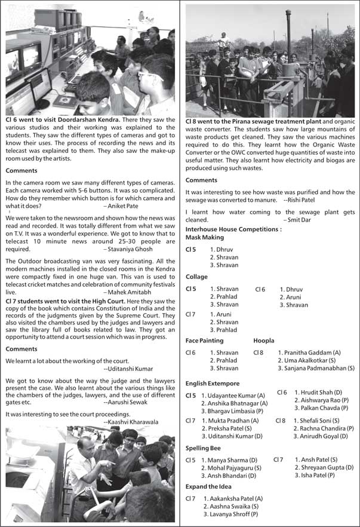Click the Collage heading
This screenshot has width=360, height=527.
pyautogui.click(x=197, y=277)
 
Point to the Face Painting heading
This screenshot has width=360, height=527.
pyautogui.click(x=205, y=341)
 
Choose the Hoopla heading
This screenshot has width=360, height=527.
pyautogui.click(x=264, y=341)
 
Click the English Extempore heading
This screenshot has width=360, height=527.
pyautogui.click(x=213, y=383)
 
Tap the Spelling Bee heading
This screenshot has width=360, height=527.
pyautogui.click(x=203, y=448)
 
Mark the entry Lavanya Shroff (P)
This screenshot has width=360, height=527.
pyautogui.click(x=230, y=513)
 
